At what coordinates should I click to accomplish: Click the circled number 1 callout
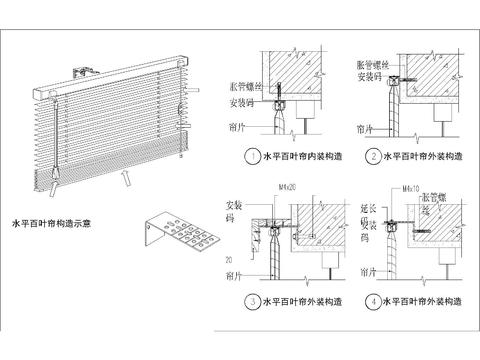coord(251,157)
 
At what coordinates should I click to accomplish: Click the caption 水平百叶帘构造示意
coord(49,223)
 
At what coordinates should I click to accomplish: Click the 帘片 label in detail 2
coord(363,129)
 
